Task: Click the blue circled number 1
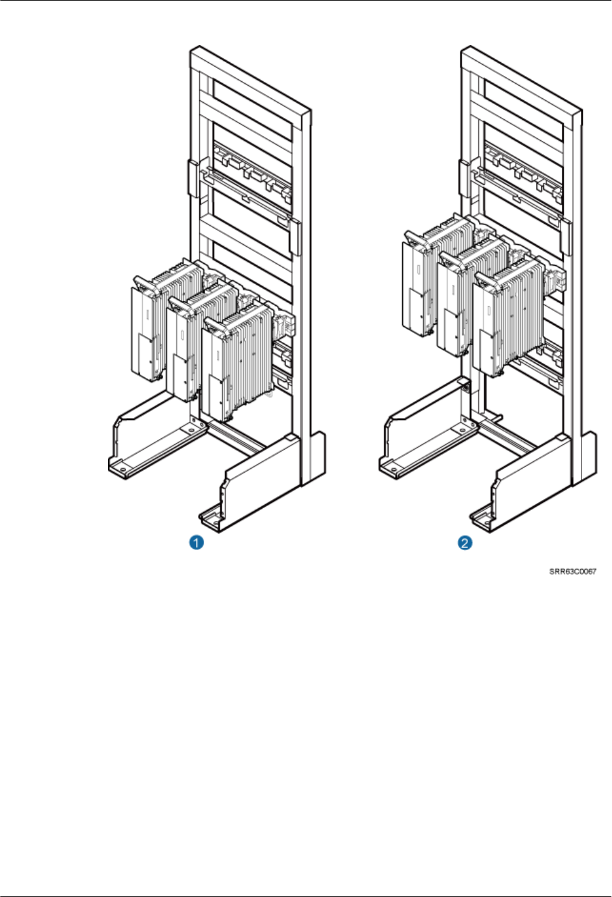(197, 542)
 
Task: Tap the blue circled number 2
(466, 542)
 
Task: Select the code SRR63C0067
(573, 572)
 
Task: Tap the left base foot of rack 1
(152, 444)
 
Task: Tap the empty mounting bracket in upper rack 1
(247, 181)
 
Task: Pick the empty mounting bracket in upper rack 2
(517, 181)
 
